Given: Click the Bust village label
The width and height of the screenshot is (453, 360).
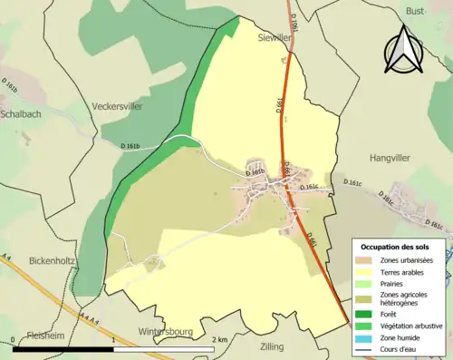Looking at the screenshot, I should pos(415,10).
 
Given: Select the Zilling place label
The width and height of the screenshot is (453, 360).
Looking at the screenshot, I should pos(271,346).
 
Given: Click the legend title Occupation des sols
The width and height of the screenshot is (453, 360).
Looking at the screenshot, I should pos(395,247).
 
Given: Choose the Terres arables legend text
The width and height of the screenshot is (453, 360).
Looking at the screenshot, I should pos(404,270).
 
